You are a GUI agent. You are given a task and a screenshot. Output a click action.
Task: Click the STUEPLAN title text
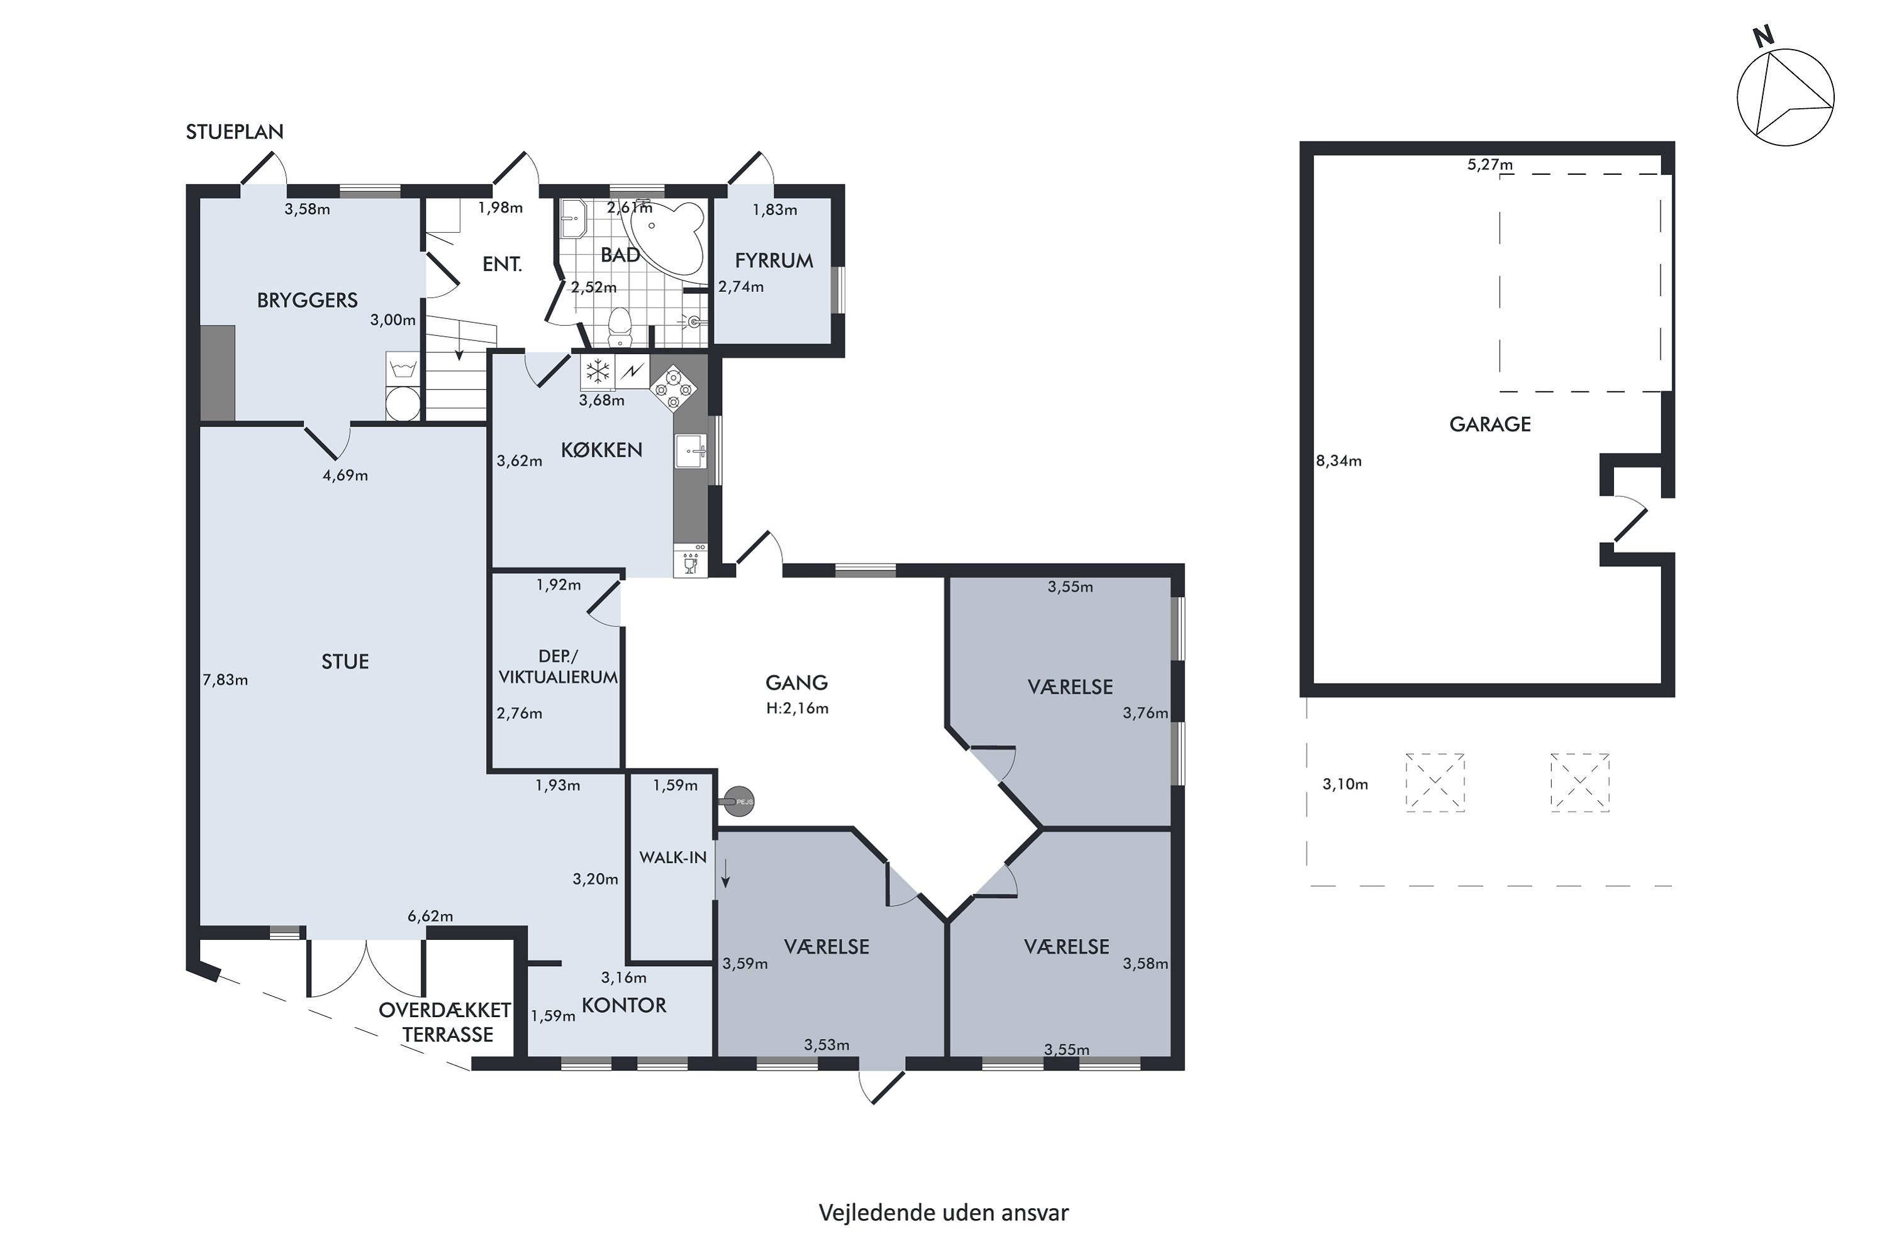(x=234, y=131)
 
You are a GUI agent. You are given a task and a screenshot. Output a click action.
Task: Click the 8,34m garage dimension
(x=1339, y=461)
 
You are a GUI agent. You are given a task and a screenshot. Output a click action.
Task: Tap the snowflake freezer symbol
(x=597, y=372)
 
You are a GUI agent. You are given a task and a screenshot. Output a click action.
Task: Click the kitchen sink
(x=690, y=451)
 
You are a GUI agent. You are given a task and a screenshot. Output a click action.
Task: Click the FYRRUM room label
(x=774, y=261)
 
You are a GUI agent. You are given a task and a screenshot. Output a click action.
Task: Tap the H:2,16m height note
(x=797, y=708)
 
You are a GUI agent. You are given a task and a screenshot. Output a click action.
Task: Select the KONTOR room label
(x=623, y=1005)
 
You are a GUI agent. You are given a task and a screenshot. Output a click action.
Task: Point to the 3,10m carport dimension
(x=1345, y=784)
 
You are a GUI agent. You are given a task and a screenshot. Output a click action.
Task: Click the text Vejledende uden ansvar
(x=943, y=1212)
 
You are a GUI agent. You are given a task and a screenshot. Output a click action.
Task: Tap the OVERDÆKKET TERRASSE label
(x=445, y=1022)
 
